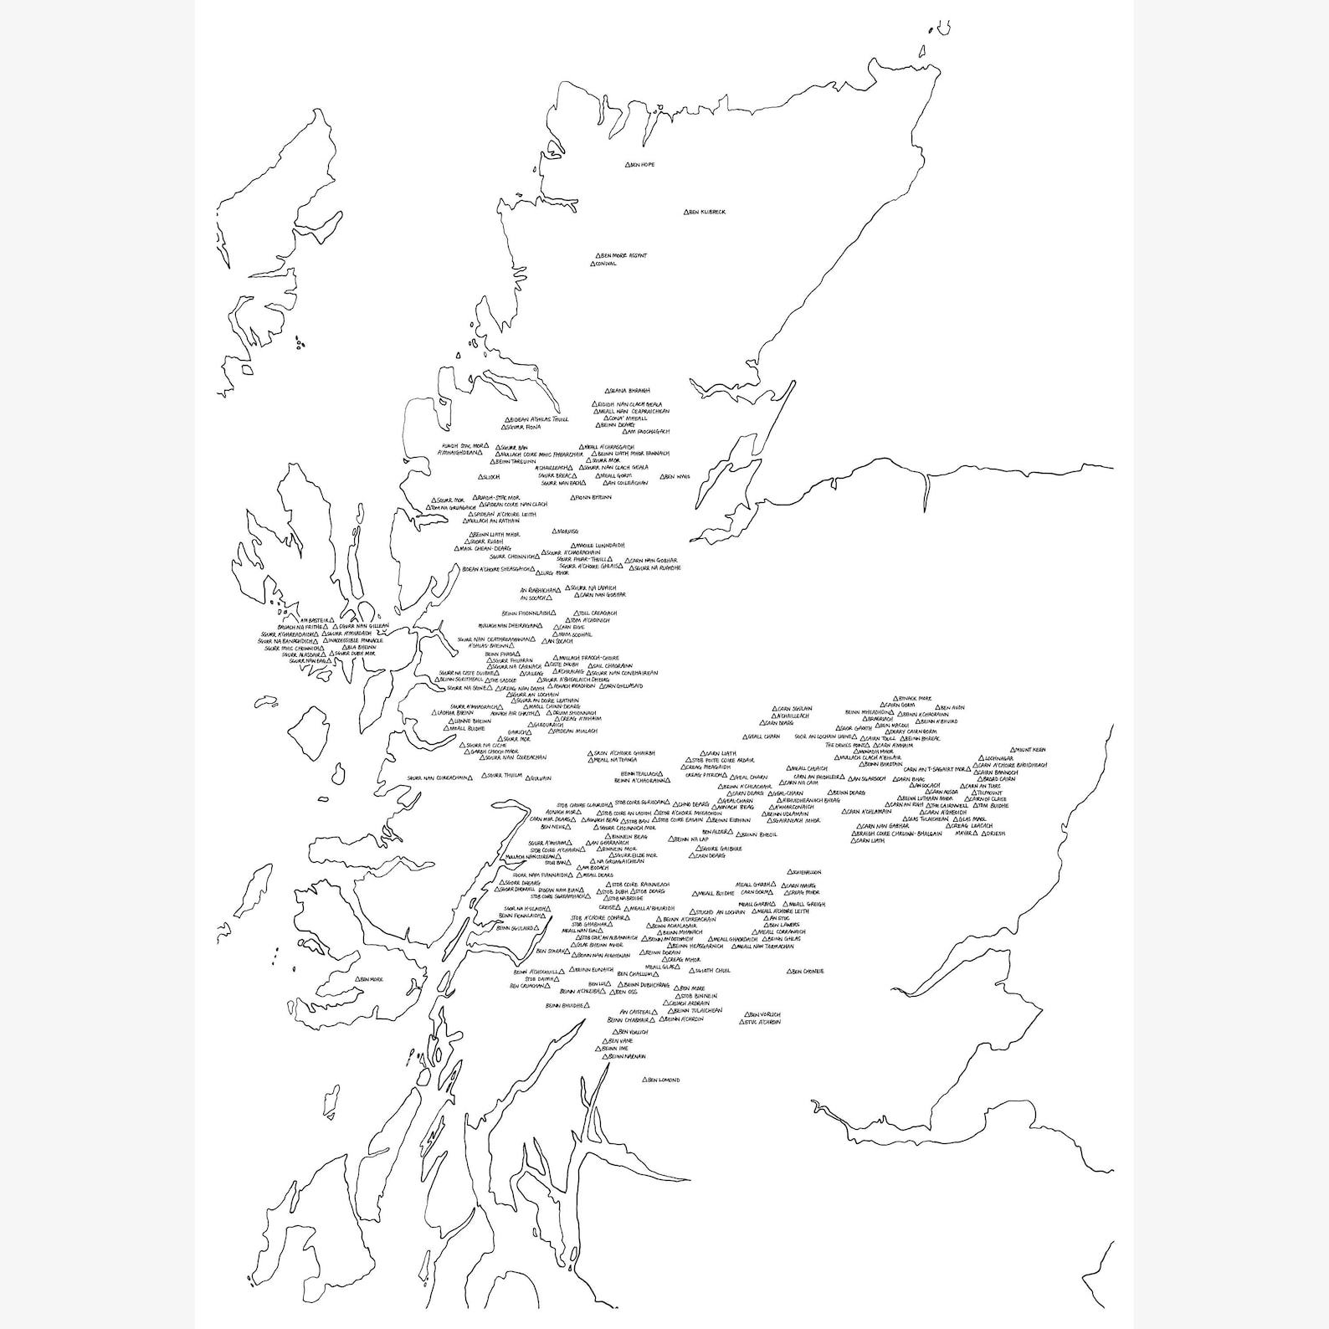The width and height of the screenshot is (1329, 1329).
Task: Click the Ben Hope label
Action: (x=642, y=165)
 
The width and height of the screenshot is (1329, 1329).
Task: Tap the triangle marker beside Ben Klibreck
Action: (x=686, y=213)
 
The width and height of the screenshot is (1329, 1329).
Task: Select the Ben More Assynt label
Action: (x=623, y=255)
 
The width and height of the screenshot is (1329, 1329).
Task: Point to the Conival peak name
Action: (x=606, y=264)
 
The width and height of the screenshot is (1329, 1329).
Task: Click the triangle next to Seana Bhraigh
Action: (x=608, y=391)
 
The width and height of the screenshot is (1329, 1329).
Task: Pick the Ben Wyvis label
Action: (x=678, y=476)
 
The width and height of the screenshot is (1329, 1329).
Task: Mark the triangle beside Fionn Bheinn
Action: (x=573, y=498)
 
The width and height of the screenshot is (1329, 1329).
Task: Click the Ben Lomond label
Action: (x=664, y=1080)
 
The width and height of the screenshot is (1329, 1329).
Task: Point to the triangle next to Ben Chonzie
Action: (x=789, y=971)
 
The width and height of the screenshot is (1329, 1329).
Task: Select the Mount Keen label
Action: (x=1030, y=750)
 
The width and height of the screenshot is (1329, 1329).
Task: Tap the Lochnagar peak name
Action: (x=999, y=758)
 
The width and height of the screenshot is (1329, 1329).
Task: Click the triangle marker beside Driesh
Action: (x=984, y=834)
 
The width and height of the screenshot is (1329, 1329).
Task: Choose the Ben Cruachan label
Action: (x=526, y=986)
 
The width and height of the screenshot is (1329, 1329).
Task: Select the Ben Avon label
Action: (x=952, y=708)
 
